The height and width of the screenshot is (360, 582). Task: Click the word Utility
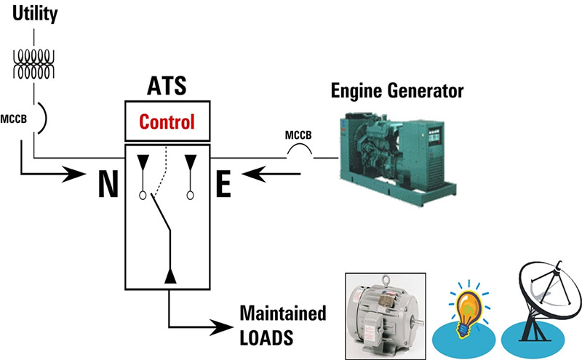click(x=33, y=14)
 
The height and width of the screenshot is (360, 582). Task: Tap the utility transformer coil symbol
click(x=33, y=63)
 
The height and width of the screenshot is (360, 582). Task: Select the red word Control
click(x=167, y=121)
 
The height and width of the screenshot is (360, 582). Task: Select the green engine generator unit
click(x=393, y=149)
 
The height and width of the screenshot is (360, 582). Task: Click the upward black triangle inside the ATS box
click(x=170, y=275)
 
